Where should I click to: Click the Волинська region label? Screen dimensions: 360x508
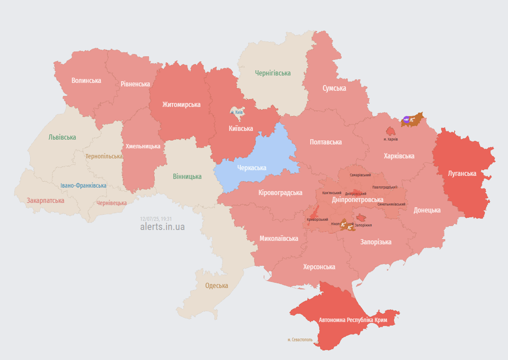point(86,80)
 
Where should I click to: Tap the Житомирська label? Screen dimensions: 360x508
point(181,105)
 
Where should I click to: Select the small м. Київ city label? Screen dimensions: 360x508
point(237,112)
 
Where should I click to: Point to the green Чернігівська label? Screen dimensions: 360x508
point(273,73)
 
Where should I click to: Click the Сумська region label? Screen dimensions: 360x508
point(334,88)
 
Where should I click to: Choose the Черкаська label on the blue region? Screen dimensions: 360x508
point(251,168)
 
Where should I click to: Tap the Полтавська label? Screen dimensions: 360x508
point(325,142)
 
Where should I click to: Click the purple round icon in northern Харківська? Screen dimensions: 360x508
point(406,120)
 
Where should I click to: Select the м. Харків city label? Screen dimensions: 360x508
point(390,139)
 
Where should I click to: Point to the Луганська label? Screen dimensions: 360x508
point(462,174)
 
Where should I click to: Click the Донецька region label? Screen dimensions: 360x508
point(427,210)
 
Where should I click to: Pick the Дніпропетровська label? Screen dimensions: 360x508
point(357,200)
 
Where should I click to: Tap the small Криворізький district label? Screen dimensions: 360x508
point(317,219)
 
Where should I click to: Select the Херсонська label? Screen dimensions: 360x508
point(319,267)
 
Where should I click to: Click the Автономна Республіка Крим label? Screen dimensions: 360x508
point(353,320)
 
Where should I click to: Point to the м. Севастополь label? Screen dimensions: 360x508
point(300,340)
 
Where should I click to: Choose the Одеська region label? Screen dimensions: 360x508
point(217,286)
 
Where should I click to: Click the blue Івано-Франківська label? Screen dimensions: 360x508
point(83,186)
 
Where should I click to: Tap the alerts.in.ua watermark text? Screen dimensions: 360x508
point(162,227)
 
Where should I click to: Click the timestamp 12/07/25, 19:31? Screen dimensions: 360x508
point(156,219)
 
